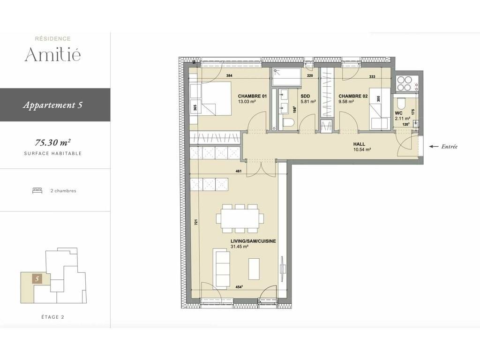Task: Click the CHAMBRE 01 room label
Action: pos(252,96)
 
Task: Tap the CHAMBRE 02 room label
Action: pos(353,96)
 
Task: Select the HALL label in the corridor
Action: pos(359,144)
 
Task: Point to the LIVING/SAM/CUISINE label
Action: pos(253,241)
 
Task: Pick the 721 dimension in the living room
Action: pos(196,222)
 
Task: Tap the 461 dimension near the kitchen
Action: pos(239,171)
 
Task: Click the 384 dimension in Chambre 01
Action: pos(229,75)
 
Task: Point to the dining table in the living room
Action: pos(240,218)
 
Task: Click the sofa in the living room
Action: pos(221,268)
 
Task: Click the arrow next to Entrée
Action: pos(434,147)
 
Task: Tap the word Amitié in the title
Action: pos(52,54)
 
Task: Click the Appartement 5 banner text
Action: pos(52,105)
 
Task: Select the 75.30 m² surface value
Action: pos(52,142)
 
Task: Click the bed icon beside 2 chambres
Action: pos(37,191)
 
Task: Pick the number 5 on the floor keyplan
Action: pos(37,279)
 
